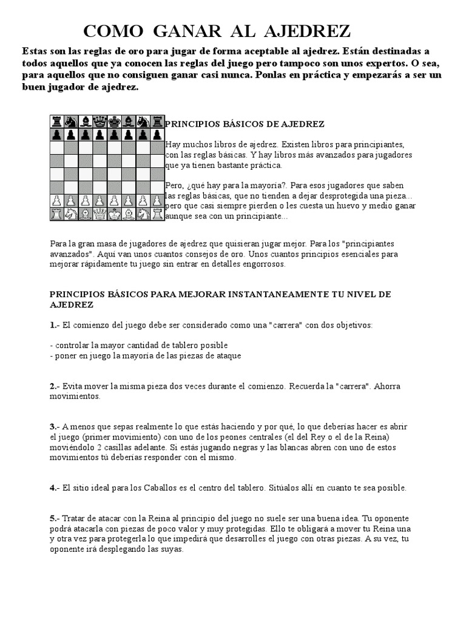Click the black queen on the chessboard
(100, 121)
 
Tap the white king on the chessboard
(114, 213)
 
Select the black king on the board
(114, 121)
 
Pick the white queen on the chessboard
(100, 213)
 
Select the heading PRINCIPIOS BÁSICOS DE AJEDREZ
(245, 124)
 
